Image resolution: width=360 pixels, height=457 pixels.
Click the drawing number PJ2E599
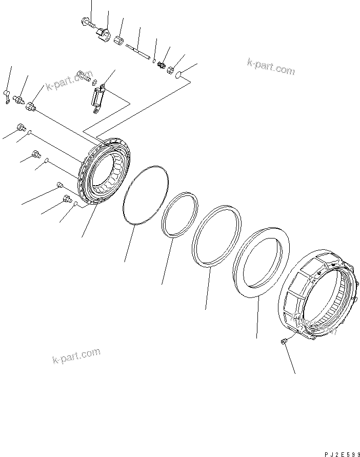(x=341, y=453)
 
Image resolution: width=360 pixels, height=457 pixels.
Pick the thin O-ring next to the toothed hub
(x=146, y=195)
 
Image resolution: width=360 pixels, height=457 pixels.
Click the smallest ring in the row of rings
(x=180, y=214)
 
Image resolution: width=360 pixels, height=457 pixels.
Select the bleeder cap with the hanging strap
(x=6, y=95)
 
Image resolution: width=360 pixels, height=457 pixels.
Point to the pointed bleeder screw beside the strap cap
(x=19, y=100)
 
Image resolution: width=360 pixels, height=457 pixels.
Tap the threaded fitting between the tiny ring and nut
(x=163, y=65)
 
